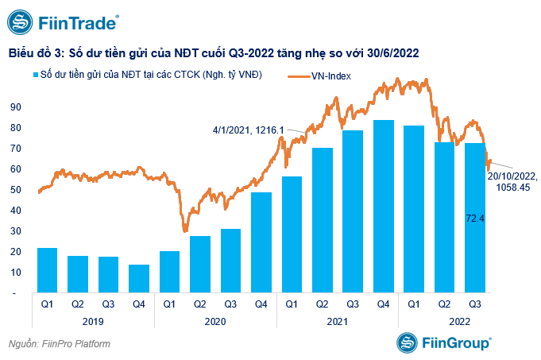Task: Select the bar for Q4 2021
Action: pos(383,207)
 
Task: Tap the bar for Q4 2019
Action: pos(138,279)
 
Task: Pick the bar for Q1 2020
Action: pos(169,272)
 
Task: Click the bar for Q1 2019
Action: pos(47,270)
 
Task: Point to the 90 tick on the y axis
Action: pos(15,106)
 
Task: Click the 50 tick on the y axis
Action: pos(15,190)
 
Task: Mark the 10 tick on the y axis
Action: pos(15,273)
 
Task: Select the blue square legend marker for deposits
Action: pos(36,75)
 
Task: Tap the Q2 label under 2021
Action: pos(322,304)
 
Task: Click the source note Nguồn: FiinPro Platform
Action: pos(59,344)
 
